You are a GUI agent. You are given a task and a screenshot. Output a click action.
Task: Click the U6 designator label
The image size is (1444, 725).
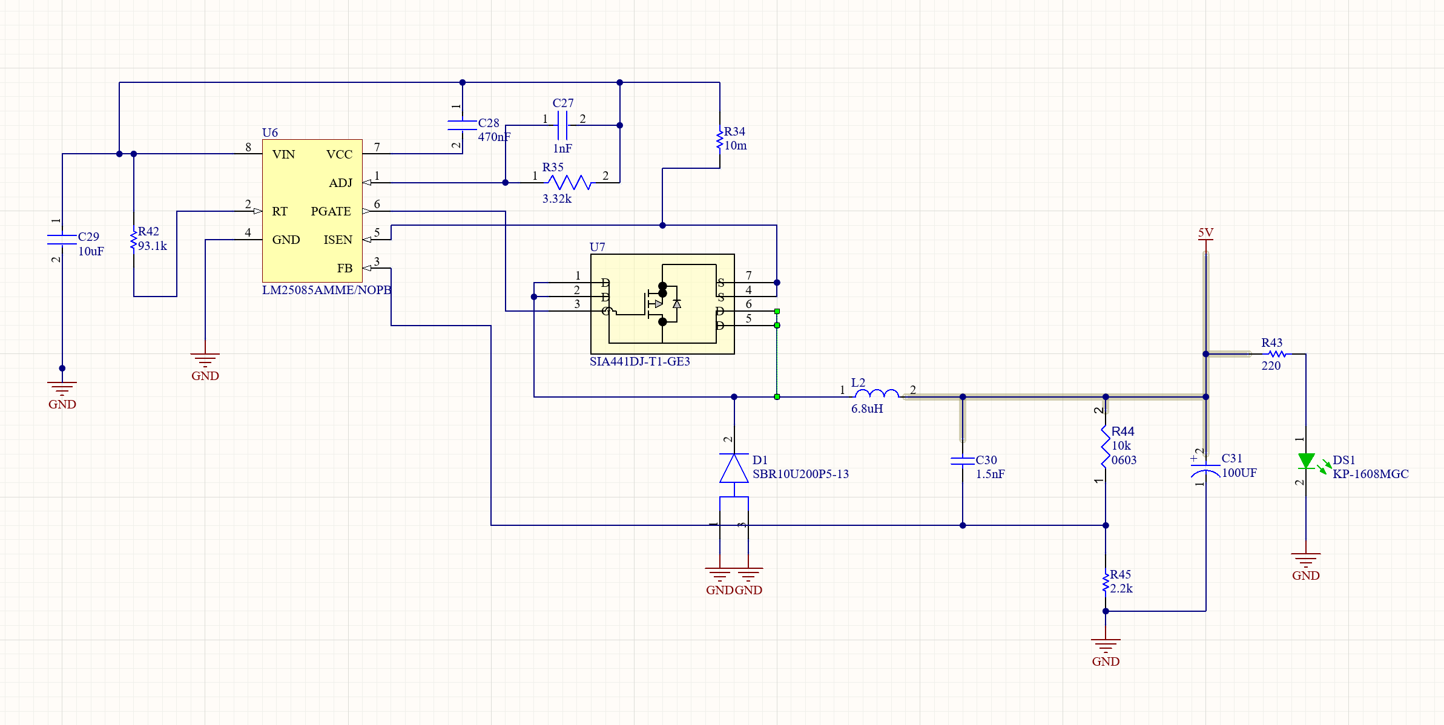coord(269,133)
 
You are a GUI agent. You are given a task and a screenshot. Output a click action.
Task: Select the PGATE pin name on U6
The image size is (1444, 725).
coord(331,211)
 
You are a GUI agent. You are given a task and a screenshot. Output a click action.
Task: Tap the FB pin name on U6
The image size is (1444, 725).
coord(345,268)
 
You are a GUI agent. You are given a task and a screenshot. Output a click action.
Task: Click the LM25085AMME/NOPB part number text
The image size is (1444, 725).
coord(326,290)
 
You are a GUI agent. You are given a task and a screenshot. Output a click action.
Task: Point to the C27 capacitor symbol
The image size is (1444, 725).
coord(562,125)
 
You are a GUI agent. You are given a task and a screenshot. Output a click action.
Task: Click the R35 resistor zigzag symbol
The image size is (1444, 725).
coord(569,182)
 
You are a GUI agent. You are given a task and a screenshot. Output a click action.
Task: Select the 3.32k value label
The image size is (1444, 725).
coord(556,198)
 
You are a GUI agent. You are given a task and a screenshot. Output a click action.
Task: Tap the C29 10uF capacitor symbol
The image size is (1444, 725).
coord(62,240)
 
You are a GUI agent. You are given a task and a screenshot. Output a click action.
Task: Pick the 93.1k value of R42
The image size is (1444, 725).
coord(153,246)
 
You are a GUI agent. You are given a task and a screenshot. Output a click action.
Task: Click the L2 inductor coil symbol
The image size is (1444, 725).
coord(877,394)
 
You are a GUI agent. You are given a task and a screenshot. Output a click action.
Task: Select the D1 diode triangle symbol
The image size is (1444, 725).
coord(734,468)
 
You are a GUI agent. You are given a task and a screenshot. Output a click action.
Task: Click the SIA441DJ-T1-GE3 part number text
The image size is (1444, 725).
coord(639,361)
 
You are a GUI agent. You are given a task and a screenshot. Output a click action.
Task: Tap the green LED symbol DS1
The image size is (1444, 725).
coord(1306,461)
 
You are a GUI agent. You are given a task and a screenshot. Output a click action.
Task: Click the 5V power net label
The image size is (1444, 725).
coord(1205,233)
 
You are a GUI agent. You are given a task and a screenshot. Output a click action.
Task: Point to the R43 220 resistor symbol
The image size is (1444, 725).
coord(1277,354)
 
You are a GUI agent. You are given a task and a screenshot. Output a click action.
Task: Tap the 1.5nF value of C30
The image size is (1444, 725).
coord(990,474)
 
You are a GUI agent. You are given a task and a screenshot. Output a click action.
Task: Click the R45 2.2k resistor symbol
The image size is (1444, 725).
coord(1106,583)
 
